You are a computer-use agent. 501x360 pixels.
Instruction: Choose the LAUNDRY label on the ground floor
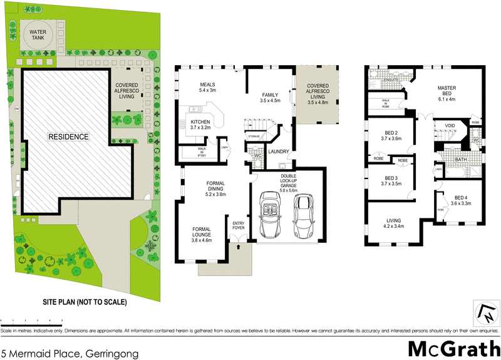(277, 151)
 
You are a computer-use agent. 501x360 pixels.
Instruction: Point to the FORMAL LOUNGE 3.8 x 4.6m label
(202, 234)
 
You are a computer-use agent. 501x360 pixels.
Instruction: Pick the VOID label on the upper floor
(449, 125)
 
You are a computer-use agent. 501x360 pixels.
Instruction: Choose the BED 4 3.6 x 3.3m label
(461, 200)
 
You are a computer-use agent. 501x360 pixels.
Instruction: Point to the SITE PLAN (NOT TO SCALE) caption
(85, 302)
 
